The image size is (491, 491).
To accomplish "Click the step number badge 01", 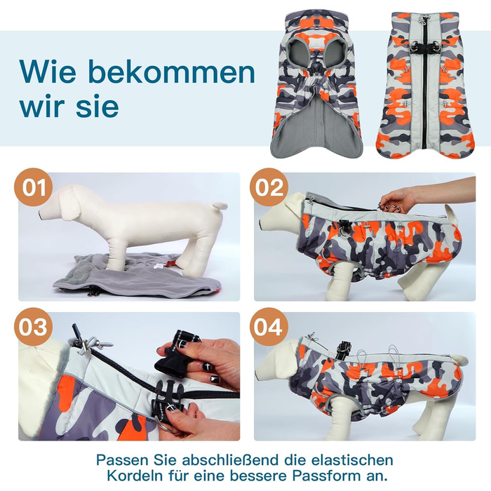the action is tap(33, 187).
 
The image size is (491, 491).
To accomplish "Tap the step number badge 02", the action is tap(269, 187).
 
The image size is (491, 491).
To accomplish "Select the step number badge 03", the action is tap(33, 327).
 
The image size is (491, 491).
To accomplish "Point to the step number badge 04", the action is tap(269, 327).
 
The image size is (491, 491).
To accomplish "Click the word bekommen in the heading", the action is tap(172, 72).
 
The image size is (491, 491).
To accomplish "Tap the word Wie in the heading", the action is tap(48, 72).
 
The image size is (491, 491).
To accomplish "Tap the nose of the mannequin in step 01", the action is tap(41, 215).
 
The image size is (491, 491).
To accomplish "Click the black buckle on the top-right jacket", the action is tap(425, 47).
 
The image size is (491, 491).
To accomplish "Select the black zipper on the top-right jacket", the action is tap(425, 85).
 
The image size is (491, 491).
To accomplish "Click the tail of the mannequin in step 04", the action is tap(459, 359).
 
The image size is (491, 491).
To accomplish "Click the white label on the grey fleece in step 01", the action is tap(159, 266).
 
